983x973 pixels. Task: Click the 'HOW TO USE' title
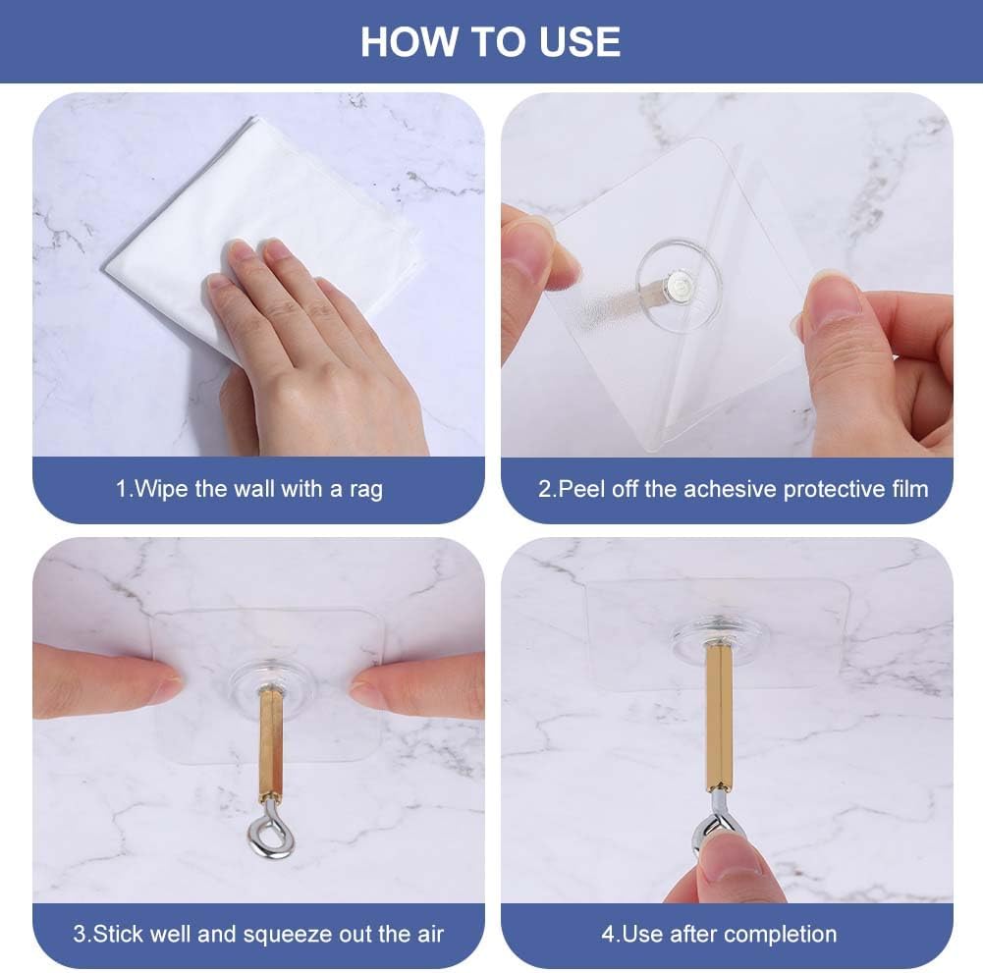[490, 42]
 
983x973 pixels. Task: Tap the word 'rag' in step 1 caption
[366, 490]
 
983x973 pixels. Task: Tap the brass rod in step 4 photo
[720, 717]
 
